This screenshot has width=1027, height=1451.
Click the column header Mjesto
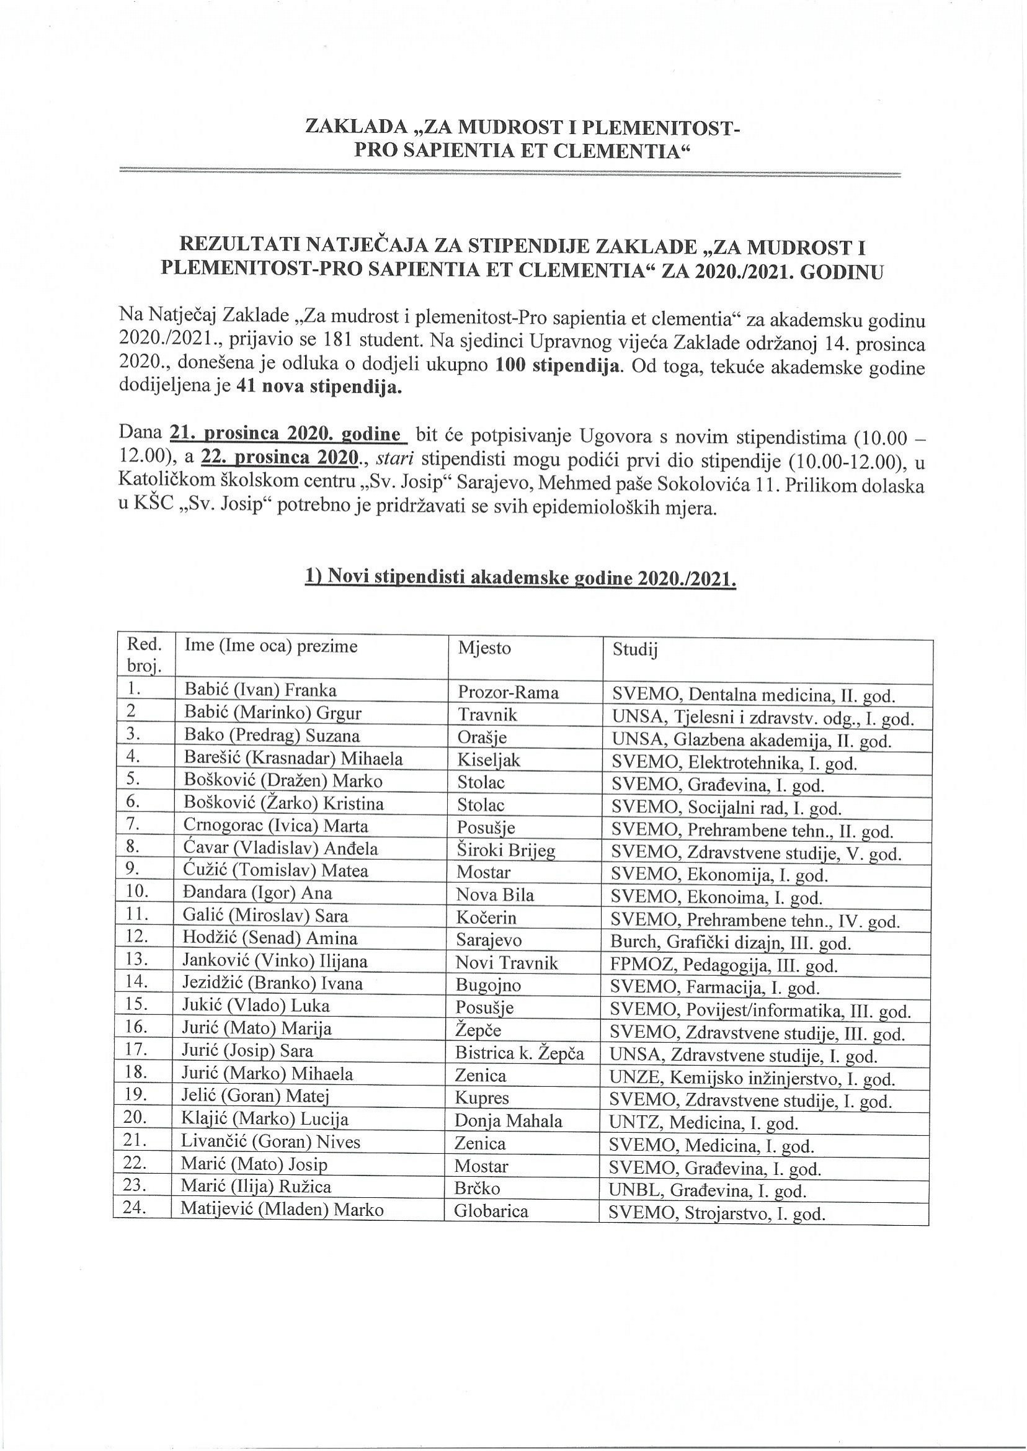(x=484, y=648)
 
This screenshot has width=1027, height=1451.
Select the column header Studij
(x=634, y=650)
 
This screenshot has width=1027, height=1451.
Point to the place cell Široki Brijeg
(x=506, y=851)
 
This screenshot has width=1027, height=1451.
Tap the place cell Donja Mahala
(x=509, y=1122)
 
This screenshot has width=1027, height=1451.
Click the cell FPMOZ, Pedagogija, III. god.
(x=724, y=966)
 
